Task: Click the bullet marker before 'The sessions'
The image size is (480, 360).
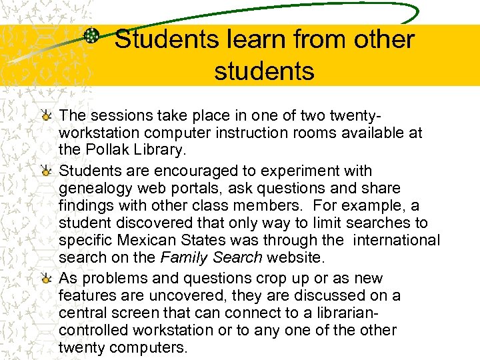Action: (x=46, y=116)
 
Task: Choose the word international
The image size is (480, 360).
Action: (x=393, y=240)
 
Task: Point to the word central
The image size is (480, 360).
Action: (x=83, y=313)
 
